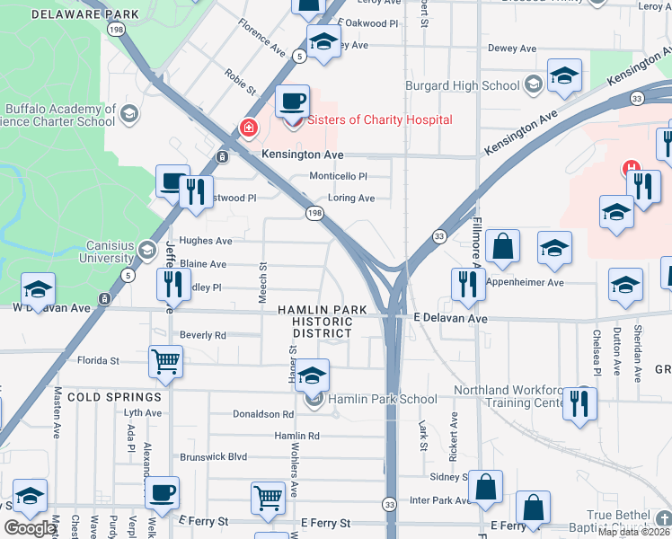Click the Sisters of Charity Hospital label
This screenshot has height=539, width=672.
tap(380, 119)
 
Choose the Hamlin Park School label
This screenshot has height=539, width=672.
tap(382, 399)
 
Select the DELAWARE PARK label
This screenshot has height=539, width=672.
tap(85, 14)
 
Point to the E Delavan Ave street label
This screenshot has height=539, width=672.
tap(450, 319)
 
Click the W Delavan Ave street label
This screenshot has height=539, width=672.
tap(51, 308)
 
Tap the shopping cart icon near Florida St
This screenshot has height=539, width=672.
tap(165, 361)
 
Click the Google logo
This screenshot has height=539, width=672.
tap(30, 529)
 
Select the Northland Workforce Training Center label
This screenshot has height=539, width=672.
tap(508, 397)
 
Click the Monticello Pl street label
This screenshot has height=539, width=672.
tap(339, 177)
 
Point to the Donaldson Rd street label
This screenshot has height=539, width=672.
tap(262, 414)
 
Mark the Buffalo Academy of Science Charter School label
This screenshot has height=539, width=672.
tap(59, 115)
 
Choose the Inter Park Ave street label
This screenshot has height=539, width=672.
tap(440, 500)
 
